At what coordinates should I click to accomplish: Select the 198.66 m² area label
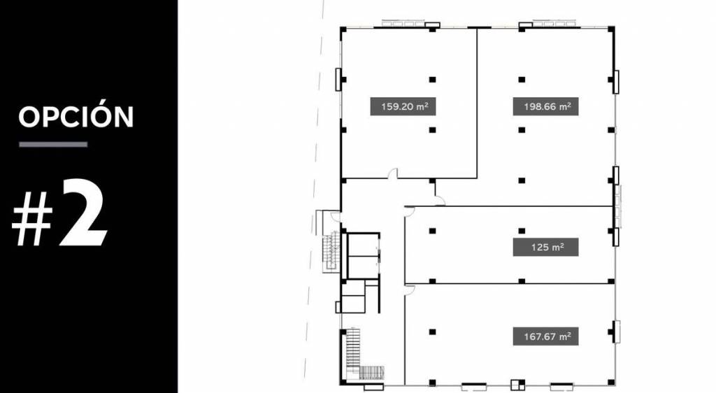545,106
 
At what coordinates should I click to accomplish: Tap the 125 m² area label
545,247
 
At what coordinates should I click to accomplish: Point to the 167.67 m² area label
545,336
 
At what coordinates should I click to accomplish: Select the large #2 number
59,213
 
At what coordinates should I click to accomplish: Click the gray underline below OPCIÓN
53,144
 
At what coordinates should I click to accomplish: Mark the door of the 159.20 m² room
393,173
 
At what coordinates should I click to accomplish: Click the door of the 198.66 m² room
440,201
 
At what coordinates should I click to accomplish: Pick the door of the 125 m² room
409,210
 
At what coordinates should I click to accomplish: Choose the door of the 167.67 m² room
409,289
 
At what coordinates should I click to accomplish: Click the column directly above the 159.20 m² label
432,80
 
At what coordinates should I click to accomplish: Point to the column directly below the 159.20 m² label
432,130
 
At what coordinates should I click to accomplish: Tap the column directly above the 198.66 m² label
522,80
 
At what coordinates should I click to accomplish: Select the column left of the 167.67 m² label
432,332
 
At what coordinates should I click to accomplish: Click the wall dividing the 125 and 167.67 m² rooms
509,283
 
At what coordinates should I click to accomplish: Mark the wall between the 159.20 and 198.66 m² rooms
477,103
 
